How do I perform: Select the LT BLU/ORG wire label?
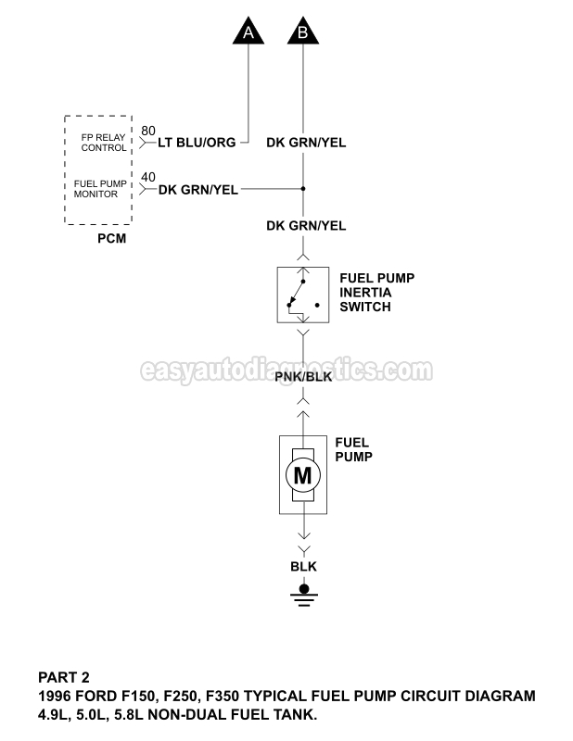(197, 143)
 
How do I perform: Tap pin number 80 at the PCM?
(148, 130)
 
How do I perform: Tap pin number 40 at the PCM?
(148, 177)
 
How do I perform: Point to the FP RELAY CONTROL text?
(102, 142)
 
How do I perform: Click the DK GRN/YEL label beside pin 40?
(198, 190)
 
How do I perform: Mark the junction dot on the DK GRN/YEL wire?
(302, 189)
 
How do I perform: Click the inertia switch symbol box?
(302, 295)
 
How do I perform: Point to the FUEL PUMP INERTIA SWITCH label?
(376, 292)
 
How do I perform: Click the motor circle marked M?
(302, 476)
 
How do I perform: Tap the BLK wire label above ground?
(302, 565)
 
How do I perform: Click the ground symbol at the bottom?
(302, 594)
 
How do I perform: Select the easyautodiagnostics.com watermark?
(286, 370)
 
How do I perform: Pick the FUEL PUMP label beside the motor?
(352, 449)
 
